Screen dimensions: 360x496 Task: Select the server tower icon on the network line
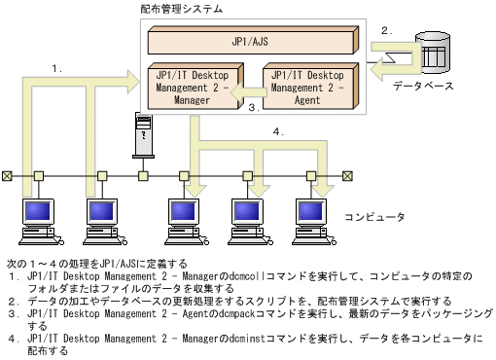(143, 133)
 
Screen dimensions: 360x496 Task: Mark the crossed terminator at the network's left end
(8, 176)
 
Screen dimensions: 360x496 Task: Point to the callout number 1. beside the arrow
(57, 68)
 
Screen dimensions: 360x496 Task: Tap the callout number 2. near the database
(386, 30)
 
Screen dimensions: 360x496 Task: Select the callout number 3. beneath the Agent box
(251, 108)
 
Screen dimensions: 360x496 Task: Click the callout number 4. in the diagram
(279, 132)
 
